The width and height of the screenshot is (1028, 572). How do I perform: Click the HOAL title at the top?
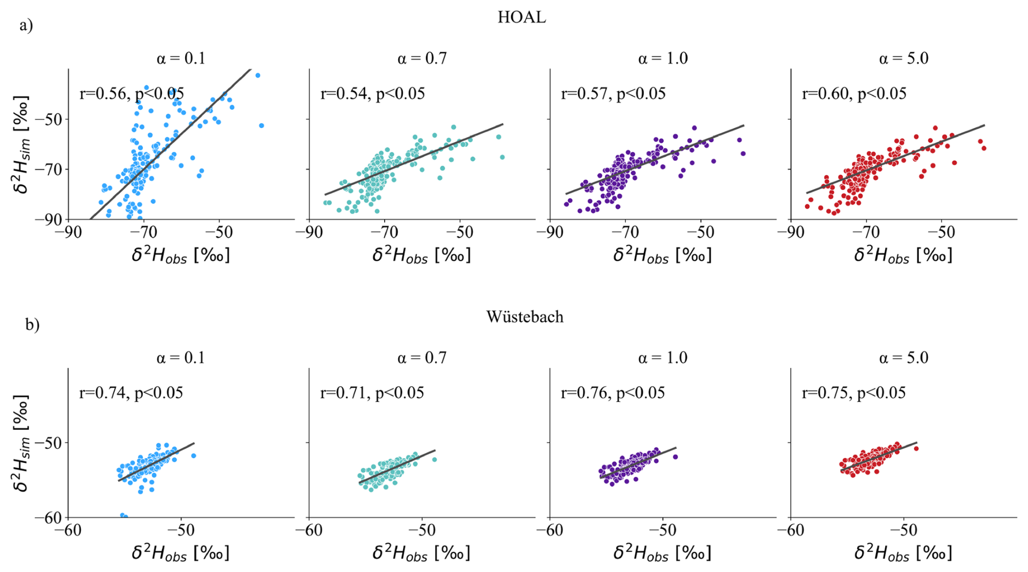[522, 17]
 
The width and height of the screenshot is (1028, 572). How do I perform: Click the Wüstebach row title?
[524, 317]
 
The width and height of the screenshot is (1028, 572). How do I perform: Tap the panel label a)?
[26, 26]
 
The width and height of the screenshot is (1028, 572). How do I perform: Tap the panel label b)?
[32, 324]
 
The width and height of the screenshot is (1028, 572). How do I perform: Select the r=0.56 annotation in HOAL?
[131, 93]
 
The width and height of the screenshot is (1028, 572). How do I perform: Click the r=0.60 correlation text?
[854, 93]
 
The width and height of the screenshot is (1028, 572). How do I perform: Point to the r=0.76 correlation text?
[613, 393]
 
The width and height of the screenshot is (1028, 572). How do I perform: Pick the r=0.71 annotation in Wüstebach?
[372, 393]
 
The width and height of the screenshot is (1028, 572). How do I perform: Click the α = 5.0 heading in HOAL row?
[904, 58]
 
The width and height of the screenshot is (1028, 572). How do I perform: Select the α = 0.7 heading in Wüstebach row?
[422, 357]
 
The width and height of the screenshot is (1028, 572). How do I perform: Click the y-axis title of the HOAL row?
[21, 144]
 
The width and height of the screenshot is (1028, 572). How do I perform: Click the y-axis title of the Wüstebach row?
[21, 443]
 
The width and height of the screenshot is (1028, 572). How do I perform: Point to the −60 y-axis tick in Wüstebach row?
[47, 518]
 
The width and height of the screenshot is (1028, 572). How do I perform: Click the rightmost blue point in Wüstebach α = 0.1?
[193, 456]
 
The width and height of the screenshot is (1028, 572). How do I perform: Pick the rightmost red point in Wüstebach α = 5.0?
[916, 448]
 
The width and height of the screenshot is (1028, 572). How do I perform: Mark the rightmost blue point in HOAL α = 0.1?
[261, 125]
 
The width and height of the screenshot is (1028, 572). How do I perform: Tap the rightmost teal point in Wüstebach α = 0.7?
[434, 460]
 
